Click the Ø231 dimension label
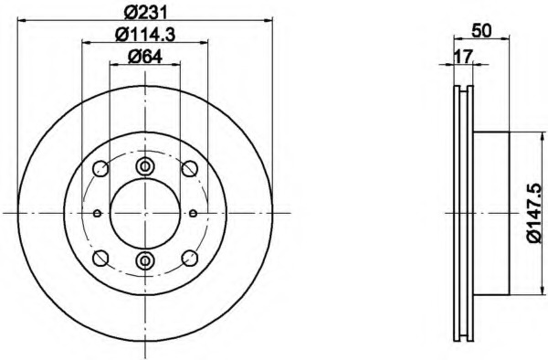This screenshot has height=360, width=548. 146,13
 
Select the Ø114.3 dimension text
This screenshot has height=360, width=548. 145,35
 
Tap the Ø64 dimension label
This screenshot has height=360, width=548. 145,57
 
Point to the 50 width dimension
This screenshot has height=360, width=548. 481,31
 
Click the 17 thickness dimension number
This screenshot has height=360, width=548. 463,57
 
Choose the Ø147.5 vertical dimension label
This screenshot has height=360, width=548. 533,213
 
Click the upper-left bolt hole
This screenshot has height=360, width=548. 100,168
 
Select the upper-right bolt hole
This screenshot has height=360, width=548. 190,168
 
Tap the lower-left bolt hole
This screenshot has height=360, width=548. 100,258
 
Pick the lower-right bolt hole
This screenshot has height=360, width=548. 190,258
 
